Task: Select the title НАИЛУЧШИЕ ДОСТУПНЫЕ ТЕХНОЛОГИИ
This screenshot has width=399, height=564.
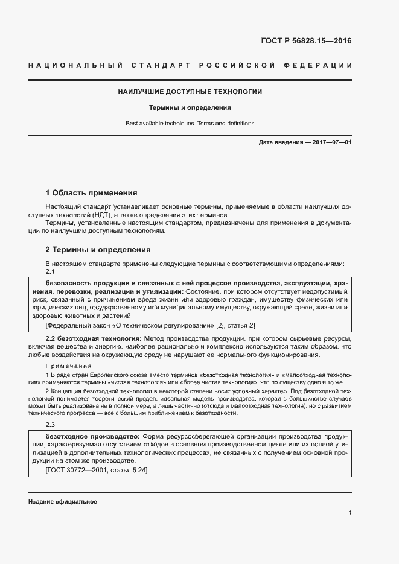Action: click(x=190, y=92)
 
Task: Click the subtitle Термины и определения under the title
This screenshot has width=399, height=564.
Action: click(x=190, y=108)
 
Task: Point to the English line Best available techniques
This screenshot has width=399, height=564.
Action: click(x=190, y=123)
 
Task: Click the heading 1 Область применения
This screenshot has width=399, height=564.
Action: click(x=92, y=193)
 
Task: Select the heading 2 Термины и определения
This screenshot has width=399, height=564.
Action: click(x=98, y=249)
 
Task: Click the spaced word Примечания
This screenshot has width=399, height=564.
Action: click(x=69, y=366)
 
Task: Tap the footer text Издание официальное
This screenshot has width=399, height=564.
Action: click(x=63, y=502)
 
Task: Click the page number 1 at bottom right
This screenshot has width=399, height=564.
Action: click(x=350, y=512)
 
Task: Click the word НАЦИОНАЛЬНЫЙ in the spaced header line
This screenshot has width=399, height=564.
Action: click(x=75, y=65)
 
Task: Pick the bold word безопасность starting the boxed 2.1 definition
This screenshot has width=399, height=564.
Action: click(x=69, y=283)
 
